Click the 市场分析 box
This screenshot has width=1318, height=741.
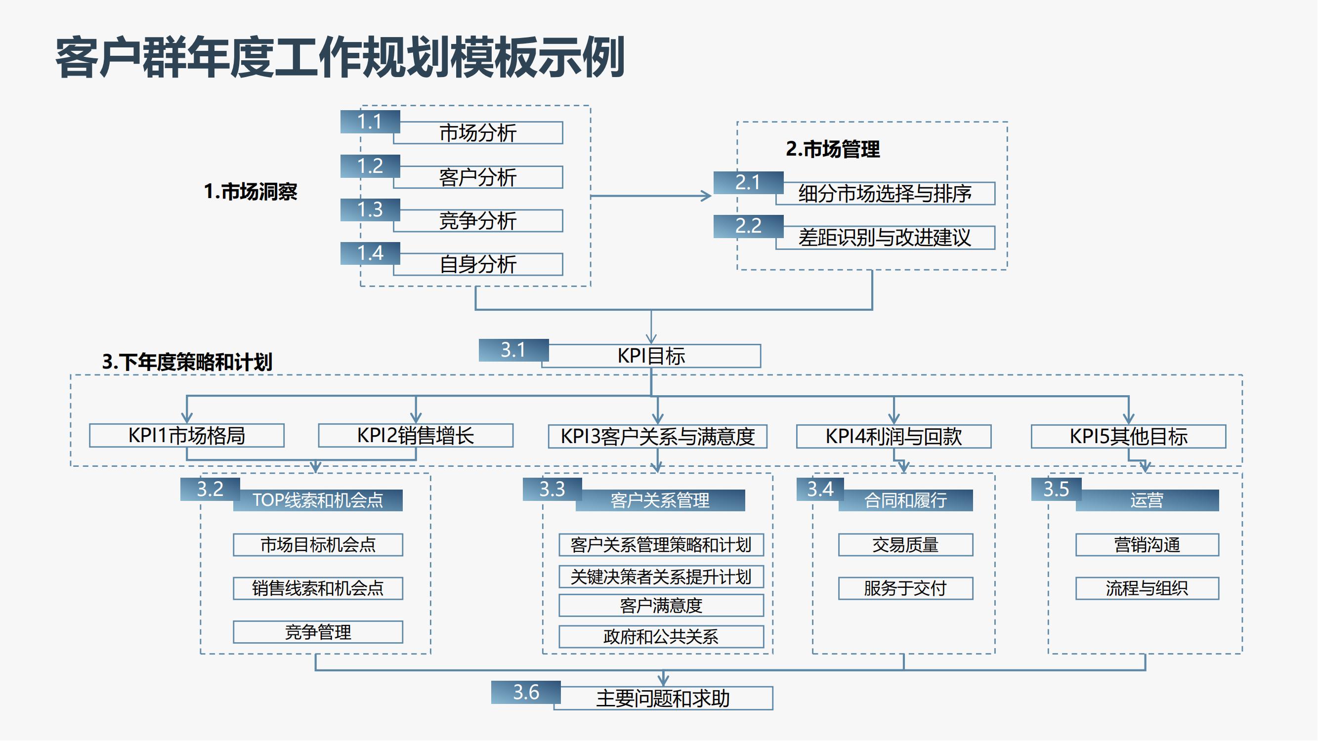point(478,133)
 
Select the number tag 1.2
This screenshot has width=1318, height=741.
point(370,166)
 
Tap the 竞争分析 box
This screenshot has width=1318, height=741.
point(478,221)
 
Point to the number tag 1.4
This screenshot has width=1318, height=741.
point(370,253)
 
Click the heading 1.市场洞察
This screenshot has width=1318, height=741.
point(250,192)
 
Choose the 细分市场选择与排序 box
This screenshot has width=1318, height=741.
point(885,194)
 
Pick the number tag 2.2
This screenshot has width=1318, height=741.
point(748,226)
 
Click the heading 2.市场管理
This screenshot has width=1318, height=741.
point(832,149)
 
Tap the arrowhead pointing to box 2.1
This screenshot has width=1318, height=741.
point(707,196)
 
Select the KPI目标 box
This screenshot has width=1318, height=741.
point(651,356)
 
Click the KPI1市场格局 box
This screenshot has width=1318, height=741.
point(187,436)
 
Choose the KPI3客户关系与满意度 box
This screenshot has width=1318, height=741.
point(657,437)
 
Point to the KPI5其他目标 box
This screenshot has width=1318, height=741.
point(1128,437)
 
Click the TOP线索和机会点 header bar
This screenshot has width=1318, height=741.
point(318,500)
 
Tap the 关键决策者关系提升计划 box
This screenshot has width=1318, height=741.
point(661,577)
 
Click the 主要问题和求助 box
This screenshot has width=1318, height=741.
point(663,699)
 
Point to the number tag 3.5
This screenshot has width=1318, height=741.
point(1056,490)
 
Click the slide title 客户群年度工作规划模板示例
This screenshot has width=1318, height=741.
point(340,57)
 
